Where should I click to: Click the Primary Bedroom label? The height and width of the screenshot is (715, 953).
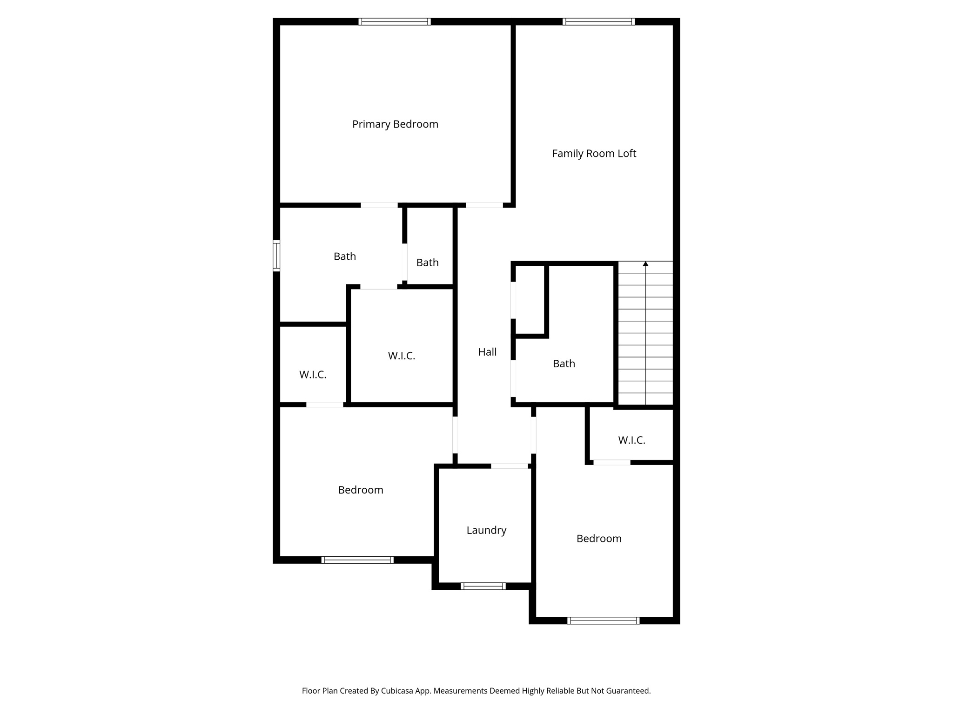coord(395,124)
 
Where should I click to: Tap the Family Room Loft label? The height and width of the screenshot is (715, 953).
coord(594,154)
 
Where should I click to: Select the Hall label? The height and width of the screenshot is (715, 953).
coord(487,352)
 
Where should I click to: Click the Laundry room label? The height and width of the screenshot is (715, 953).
coord(486,530)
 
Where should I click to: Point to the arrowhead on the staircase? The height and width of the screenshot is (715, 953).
coord(645,264)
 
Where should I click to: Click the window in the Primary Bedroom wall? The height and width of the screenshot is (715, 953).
coord(395,21)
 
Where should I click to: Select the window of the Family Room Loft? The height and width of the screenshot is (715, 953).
coord(598,21)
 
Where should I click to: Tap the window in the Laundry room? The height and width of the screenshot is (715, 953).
coord(483,586)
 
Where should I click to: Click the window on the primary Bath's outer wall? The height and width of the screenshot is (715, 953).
coord(276,256)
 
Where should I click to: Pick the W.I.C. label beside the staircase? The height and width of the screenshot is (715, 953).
coord(631,440)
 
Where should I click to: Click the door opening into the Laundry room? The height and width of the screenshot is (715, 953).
coord(510,466)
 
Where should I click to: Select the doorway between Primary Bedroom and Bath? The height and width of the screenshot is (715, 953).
coord(379,205)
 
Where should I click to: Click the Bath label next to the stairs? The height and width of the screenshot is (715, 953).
coord(564,364)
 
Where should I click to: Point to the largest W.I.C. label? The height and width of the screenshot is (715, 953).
coord(401,356)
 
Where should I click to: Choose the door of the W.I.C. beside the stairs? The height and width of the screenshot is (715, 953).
coord(611,462)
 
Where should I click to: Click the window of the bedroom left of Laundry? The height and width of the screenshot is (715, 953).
coord(357,560)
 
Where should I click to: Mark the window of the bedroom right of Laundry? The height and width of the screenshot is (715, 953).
coord(604,621)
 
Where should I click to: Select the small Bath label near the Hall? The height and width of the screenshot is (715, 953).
coord(427,263)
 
